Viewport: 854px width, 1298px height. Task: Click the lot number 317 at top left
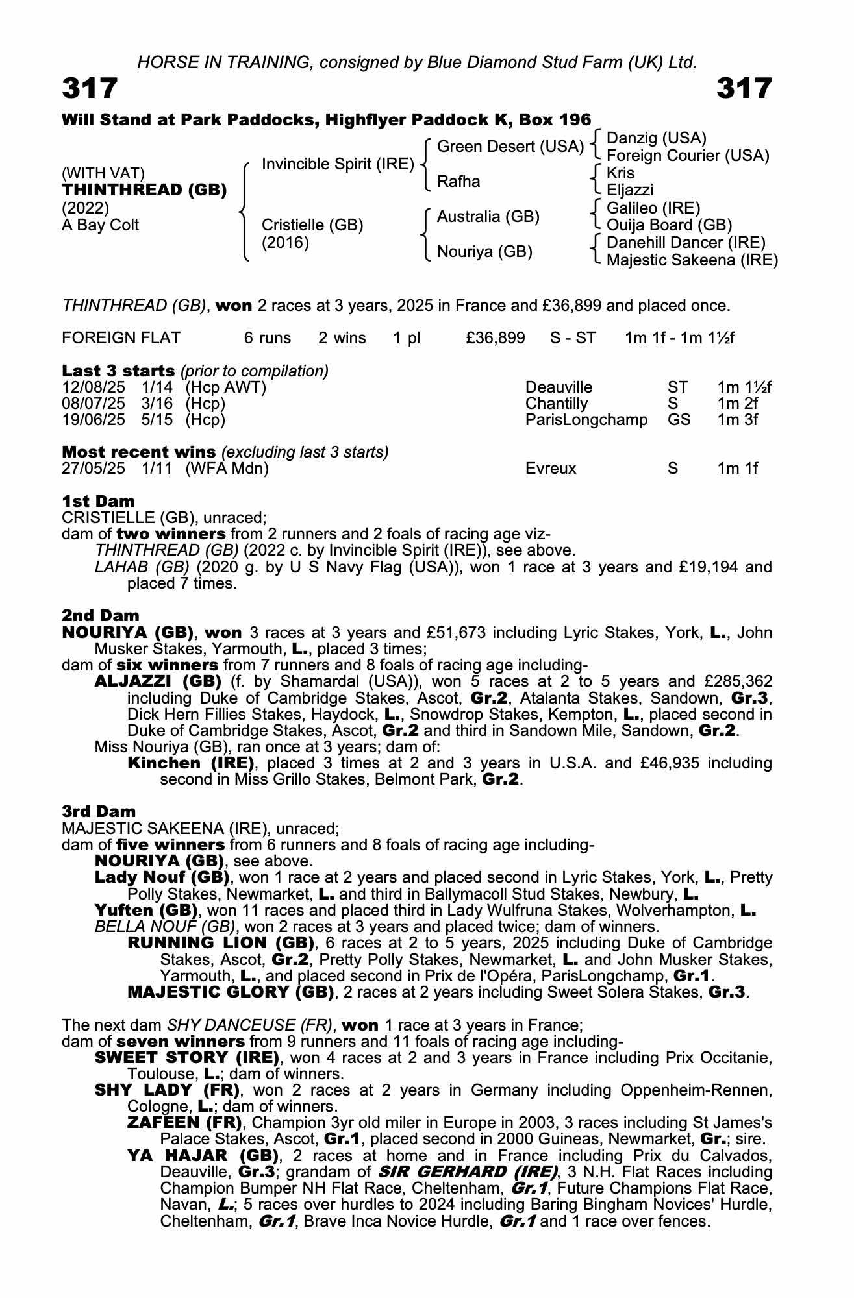click(x=90, y=88)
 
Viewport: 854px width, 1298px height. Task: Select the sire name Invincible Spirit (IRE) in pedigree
click(x=338, y=164)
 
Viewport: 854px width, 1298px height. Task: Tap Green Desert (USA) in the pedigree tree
click(x=510, y=147)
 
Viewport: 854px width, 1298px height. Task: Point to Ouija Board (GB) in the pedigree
click(x=669, y=225)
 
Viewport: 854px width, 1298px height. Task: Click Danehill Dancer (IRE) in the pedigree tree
click(x=686, y=243)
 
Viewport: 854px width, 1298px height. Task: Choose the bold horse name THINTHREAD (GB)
click(x=144, y=190)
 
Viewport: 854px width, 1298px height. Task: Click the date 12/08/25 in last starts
click(x=94, y=387)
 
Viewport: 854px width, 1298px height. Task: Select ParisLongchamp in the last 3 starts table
click(x=586, y=420)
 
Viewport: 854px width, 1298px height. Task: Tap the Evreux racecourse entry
click(x=551, y=469)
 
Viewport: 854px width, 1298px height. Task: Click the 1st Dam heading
click(x=99, y=501)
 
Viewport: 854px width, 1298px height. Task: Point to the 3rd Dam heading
click(x=99, y=811)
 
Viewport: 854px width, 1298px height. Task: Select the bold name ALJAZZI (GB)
click(x=151, y=681)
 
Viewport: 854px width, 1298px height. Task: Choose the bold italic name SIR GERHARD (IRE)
click(x=468, y=1172)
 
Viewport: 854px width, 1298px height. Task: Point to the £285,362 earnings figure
click(x=738, y=681)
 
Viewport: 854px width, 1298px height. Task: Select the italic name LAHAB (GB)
click(x=142, y=567)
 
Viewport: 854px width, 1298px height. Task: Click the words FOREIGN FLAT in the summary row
click(x=121, y=338)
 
